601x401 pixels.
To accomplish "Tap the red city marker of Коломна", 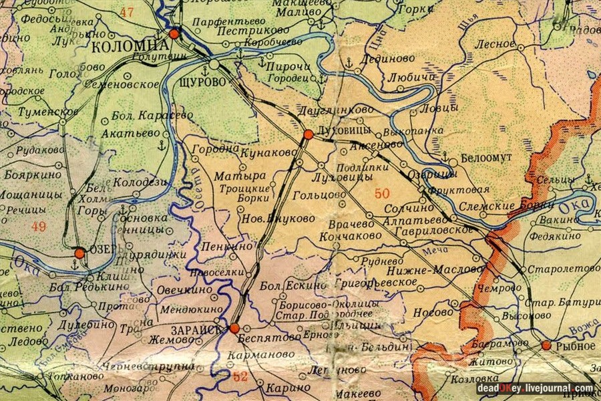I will (174, 33).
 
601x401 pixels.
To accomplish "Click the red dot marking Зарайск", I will (234, 328).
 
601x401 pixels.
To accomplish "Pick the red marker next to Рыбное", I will (546, 346).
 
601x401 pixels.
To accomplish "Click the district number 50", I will (382, 194).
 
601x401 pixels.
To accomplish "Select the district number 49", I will (39, 227).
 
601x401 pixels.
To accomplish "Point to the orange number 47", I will (126, 12).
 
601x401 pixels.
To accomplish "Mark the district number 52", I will (240, 376).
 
